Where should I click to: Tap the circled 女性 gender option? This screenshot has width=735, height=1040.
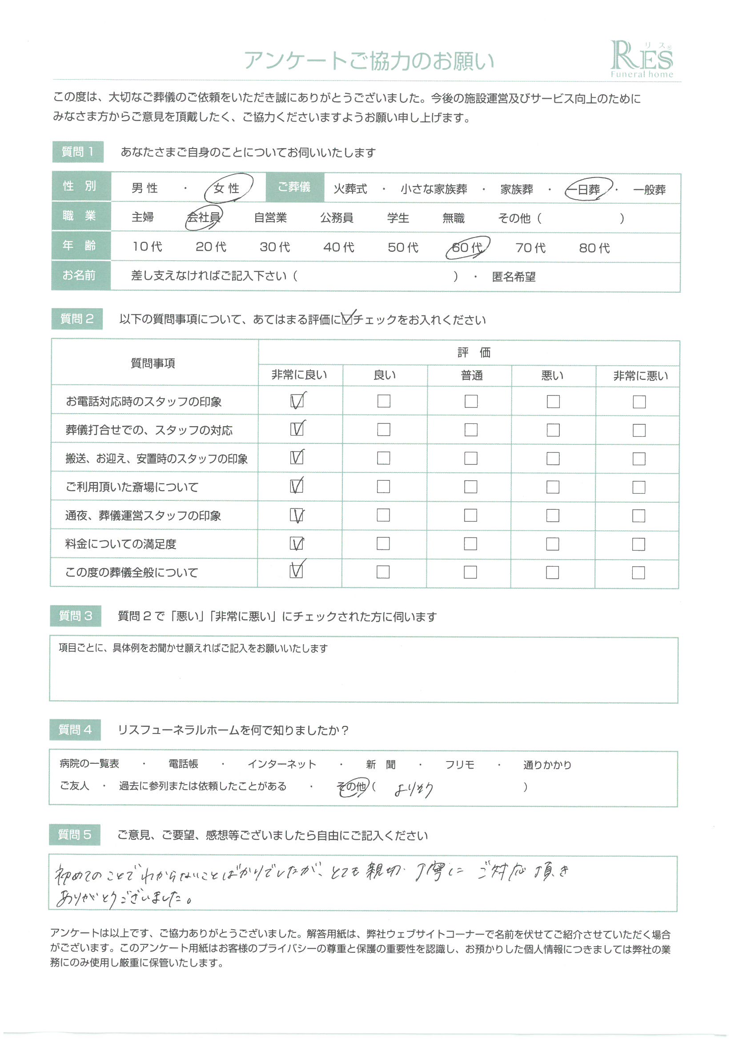[227, 188]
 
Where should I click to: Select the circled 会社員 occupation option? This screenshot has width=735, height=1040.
[204, 218]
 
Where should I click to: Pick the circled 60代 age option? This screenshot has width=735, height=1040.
[467, 247]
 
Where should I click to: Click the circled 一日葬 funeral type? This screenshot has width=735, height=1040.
[588, 189]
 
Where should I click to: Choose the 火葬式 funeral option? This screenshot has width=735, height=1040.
[350, 189]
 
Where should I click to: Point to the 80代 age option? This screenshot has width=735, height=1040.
[594, 248]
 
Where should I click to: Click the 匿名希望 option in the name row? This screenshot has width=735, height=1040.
[514, 277]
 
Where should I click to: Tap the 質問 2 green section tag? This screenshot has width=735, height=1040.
[76, 319]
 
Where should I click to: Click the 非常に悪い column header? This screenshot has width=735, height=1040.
[640, 375]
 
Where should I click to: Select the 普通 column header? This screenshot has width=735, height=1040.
[471, 375]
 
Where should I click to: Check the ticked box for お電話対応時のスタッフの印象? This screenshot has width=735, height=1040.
[297, 401]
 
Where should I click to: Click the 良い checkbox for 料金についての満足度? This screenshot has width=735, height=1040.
[383, 544]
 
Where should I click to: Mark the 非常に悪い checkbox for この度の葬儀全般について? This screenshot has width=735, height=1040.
[638, 572]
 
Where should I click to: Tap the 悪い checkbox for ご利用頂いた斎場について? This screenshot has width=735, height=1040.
[553, 487]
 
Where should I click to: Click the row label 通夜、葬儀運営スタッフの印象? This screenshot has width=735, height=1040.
[143, 516]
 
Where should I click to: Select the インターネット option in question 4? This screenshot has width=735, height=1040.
[281, 764]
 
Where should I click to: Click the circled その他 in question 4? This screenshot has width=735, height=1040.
[352, 787]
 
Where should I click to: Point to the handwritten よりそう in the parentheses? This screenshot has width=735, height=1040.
[414, 790]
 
